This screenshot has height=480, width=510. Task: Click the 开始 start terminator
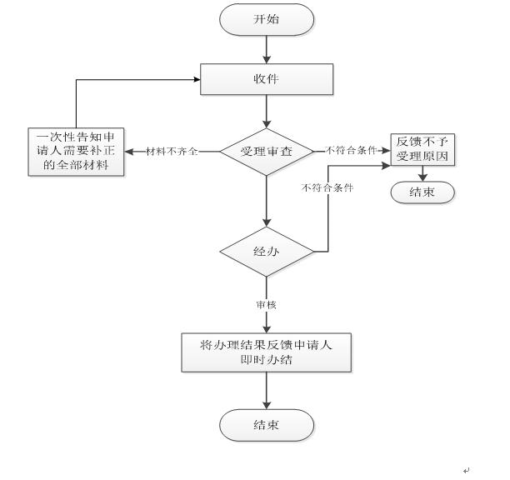coord(266,19)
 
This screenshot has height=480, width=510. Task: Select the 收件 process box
coord(266,79)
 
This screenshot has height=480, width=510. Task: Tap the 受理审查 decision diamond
coord(266,152)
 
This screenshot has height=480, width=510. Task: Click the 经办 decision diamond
coord(266,250)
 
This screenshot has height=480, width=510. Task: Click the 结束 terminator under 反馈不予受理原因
coord(422,192)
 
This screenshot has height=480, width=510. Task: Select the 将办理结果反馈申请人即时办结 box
coord(266,352)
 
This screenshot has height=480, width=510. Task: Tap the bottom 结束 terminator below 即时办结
coord(266,425)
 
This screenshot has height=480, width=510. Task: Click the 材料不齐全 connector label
coord(172,152)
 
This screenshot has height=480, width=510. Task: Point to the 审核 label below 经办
coord(266,305)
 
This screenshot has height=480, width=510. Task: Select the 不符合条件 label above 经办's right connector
coord(327,187)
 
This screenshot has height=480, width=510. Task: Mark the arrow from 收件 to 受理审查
coord(266,112)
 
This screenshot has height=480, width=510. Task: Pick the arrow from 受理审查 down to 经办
coord(266,200)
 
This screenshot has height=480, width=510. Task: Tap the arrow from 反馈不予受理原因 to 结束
coord(422,175)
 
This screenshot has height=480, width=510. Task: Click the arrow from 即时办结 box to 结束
coord(266,390)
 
